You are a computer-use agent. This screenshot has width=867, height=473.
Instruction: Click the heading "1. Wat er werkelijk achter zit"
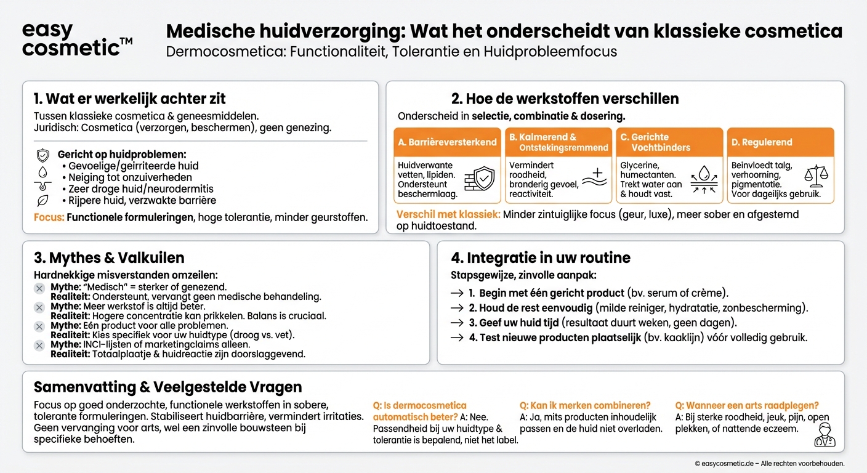click(x=130, y=99)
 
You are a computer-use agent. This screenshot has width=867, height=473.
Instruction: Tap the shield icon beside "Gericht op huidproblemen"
click(x=42, y=155)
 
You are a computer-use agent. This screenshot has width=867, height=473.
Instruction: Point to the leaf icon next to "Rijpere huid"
click(x=42, y=200)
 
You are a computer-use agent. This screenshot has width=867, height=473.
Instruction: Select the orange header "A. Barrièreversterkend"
click(x=447, y=142)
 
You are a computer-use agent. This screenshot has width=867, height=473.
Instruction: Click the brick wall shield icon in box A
click(x=479, y=179)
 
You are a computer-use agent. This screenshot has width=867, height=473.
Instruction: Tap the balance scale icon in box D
click(x=817, y=177)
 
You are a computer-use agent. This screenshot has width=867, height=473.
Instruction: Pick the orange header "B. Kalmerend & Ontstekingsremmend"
click(x=558, y=142)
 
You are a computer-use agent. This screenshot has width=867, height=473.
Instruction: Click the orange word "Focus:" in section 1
click(x=49, y=217)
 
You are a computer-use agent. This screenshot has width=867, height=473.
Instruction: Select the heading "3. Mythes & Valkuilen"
click(x=109, y=257)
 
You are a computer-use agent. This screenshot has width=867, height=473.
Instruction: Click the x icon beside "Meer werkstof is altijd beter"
click(x=39, y=307)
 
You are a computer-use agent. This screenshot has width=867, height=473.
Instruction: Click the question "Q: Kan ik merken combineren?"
click(x=585, y=405)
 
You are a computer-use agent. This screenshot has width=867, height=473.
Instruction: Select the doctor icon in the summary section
click(x=825, y=434)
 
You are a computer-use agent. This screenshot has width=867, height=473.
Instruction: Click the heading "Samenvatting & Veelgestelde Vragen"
click(x=167, y=387)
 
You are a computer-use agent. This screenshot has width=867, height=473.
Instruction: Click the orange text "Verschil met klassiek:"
click(x=448, y=215)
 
